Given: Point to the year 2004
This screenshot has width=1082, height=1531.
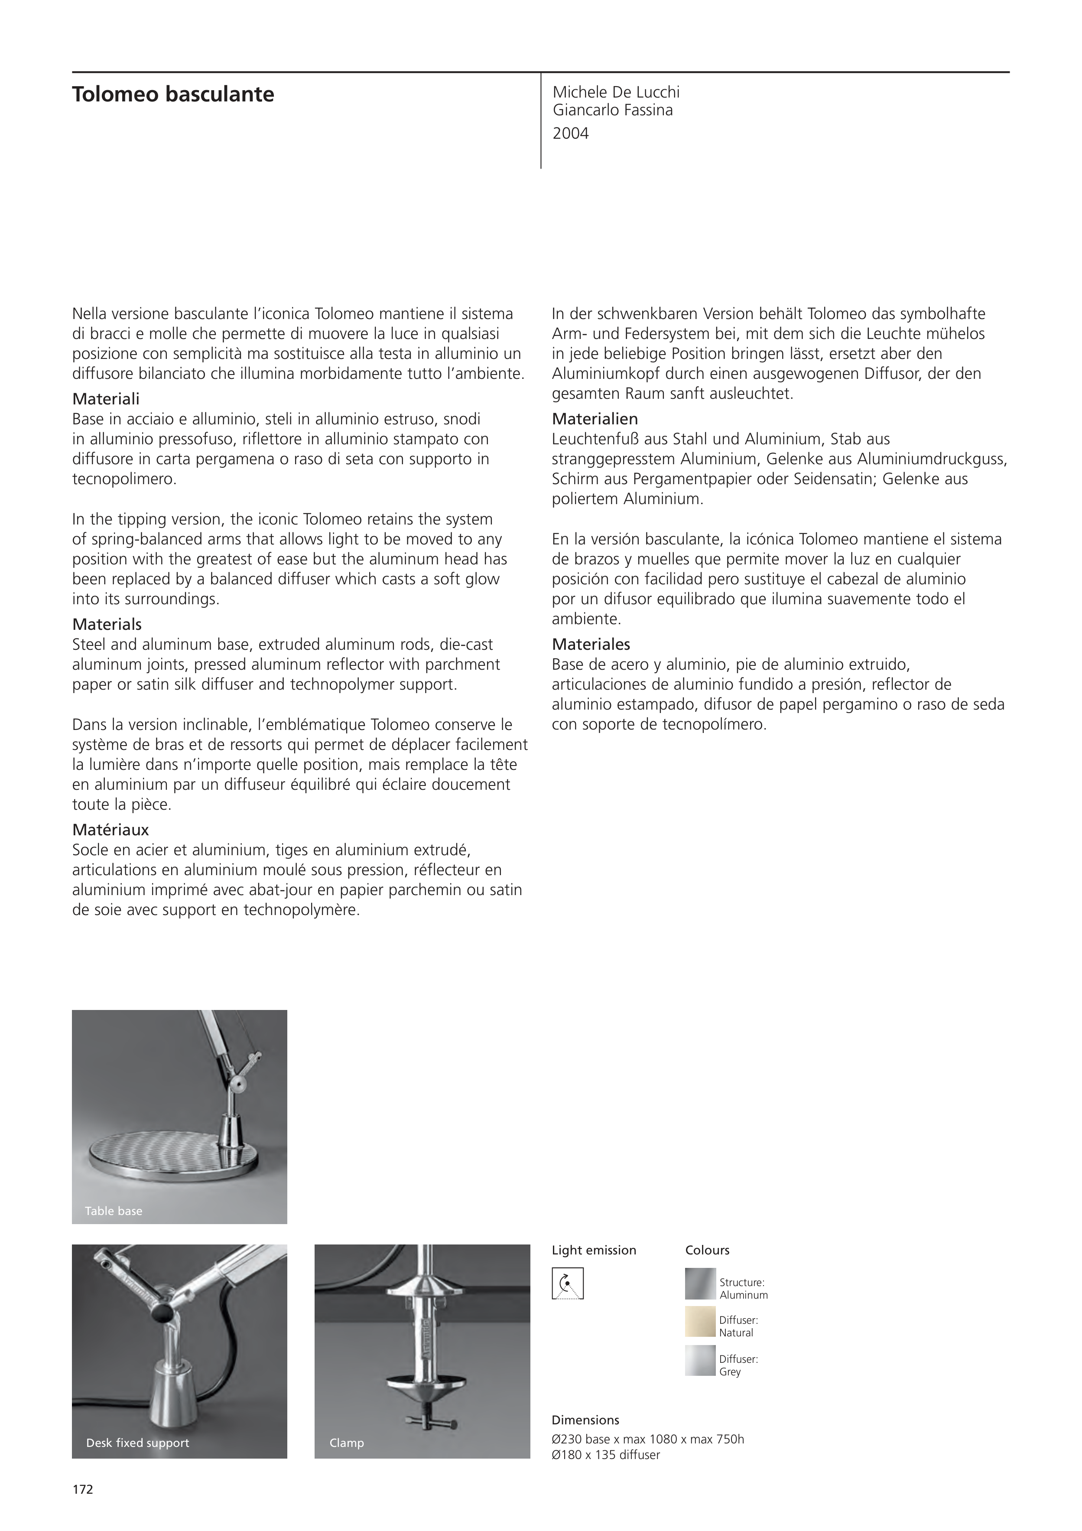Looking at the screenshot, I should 571,134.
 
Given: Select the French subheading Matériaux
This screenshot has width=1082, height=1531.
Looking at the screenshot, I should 110,830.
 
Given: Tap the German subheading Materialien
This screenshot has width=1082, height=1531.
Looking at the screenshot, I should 594,419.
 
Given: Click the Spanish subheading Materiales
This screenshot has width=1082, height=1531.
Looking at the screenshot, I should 591,644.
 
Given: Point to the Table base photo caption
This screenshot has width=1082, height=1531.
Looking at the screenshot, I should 114,1211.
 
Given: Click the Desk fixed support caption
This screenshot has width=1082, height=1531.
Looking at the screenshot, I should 137,1443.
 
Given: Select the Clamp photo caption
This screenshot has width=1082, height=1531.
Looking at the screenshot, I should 347,1443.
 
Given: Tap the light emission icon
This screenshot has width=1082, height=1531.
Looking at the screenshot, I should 567,1283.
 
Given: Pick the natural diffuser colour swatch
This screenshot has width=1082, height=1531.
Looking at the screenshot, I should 700,1322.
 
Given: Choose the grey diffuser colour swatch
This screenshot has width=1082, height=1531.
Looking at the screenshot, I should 700,1360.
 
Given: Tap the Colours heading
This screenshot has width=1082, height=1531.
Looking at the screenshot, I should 707,1250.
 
